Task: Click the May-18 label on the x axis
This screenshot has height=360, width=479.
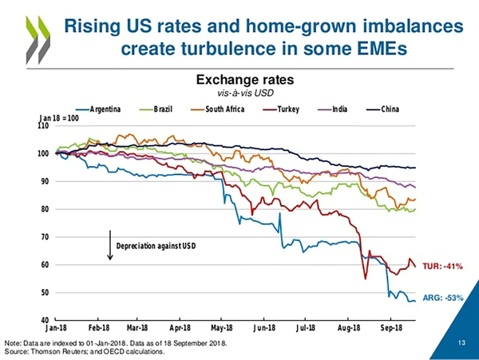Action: pyautogui.click(x=222, y=328)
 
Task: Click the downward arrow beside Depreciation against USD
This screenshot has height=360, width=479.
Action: pyautogui.click(x=109, y=244)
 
